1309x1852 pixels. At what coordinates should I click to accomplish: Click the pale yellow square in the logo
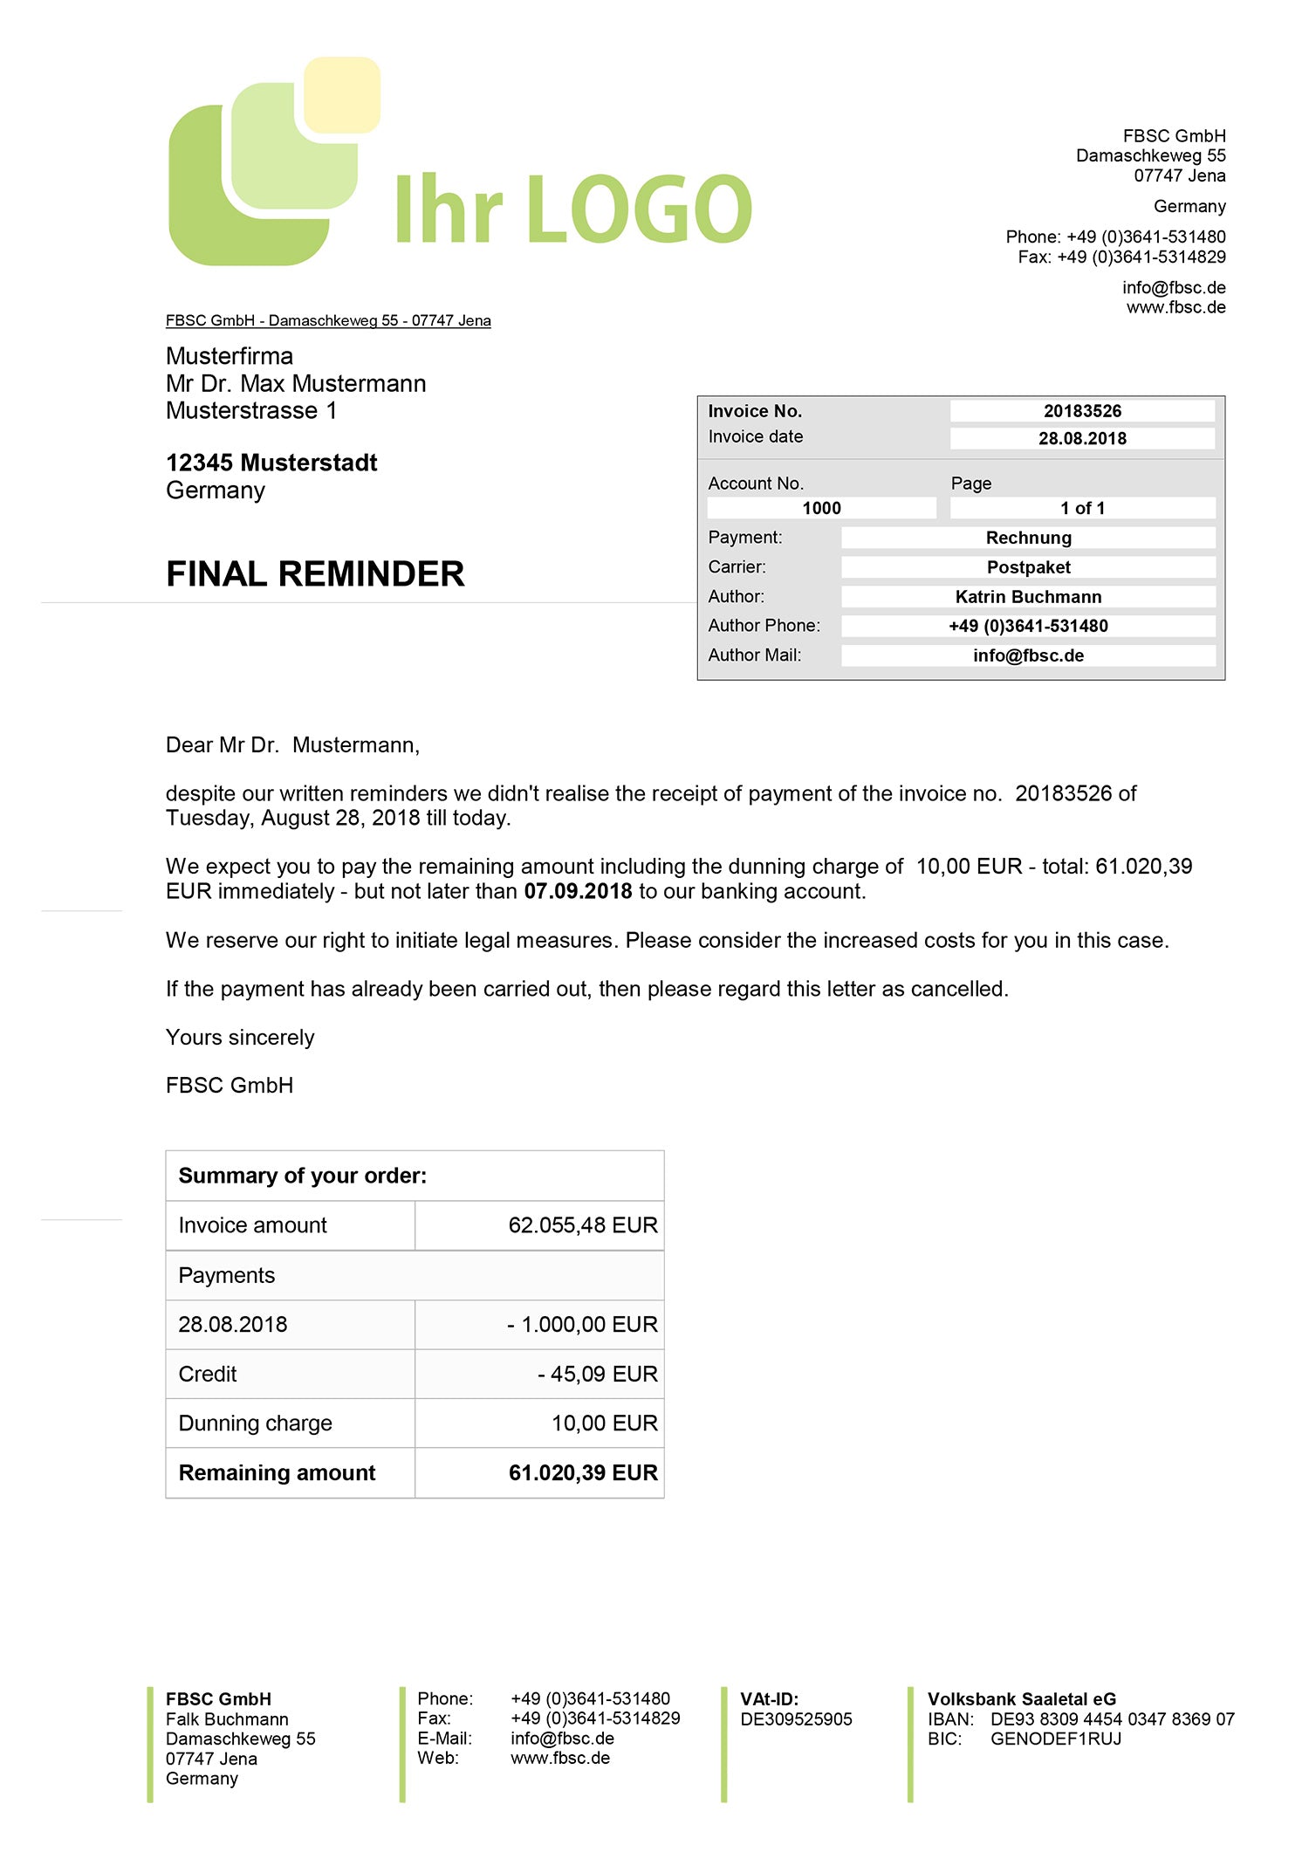tap(342, 94)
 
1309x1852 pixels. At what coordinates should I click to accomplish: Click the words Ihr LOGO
tap(573, 209)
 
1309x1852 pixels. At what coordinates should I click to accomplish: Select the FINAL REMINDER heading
tap(315, 574)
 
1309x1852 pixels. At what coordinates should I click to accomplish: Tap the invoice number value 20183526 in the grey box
tap(1082, 411)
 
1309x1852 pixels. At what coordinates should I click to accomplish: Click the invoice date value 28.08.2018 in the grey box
tap(1082, 438)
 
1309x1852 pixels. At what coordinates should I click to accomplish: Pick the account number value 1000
tap(821, 508)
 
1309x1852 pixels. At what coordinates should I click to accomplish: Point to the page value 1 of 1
tap(1082, 508)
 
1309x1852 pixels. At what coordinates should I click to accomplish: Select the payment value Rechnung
tap(1028, 538)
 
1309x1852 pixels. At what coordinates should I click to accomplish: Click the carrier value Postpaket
tap(1028, 567)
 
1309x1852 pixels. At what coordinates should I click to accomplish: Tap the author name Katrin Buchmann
tap(1028, 597)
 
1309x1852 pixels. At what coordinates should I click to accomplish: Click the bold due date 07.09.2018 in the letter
tap(578, 891)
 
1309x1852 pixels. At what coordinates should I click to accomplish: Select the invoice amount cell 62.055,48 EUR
tap(582, 1225)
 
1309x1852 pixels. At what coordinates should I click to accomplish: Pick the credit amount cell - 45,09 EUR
tap(597, 1374)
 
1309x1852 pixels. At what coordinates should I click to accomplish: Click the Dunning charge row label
tap(255, 1423)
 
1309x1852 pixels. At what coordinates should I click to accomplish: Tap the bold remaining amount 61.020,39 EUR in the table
tap(582, 1473)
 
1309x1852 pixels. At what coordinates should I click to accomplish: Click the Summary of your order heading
tap(303, 1176)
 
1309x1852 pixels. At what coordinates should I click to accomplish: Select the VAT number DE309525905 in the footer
tap(796, 1719)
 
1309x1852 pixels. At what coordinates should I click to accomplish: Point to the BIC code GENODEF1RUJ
tap(1056, 1739)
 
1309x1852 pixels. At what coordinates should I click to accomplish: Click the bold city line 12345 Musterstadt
tap(271, 463)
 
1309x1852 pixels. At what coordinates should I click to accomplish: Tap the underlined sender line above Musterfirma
tap(328, 320)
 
